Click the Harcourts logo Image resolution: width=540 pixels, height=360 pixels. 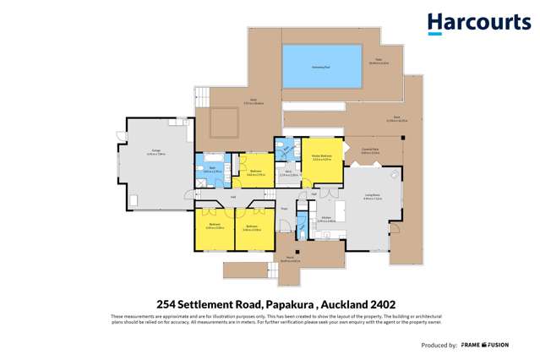tap(478, 23)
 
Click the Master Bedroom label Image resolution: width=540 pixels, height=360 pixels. tap(321, 157)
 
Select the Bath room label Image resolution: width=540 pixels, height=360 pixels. tap(210, 168)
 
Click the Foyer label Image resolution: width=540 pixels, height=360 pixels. tap(285, 209)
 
